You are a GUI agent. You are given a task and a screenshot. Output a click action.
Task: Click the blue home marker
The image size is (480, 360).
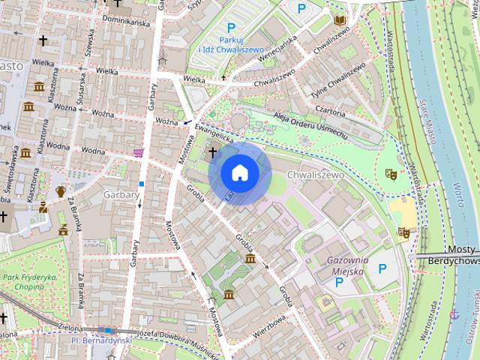tap(238, 172)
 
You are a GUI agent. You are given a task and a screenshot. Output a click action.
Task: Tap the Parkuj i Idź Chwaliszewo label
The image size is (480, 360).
tap(230, 45)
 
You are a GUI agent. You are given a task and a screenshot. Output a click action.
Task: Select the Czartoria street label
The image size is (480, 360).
tap(329, 109)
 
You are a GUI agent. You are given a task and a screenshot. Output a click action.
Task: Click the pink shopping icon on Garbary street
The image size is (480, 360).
tap(138, 152)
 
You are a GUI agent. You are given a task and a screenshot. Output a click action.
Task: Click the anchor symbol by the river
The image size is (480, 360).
tap(453, 314)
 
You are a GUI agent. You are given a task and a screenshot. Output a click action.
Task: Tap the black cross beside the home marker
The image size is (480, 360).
tap(212, 152)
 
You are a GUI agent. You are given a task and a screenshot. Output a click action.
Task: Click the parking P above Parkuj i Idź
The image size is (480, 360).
tap(231, 28)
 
